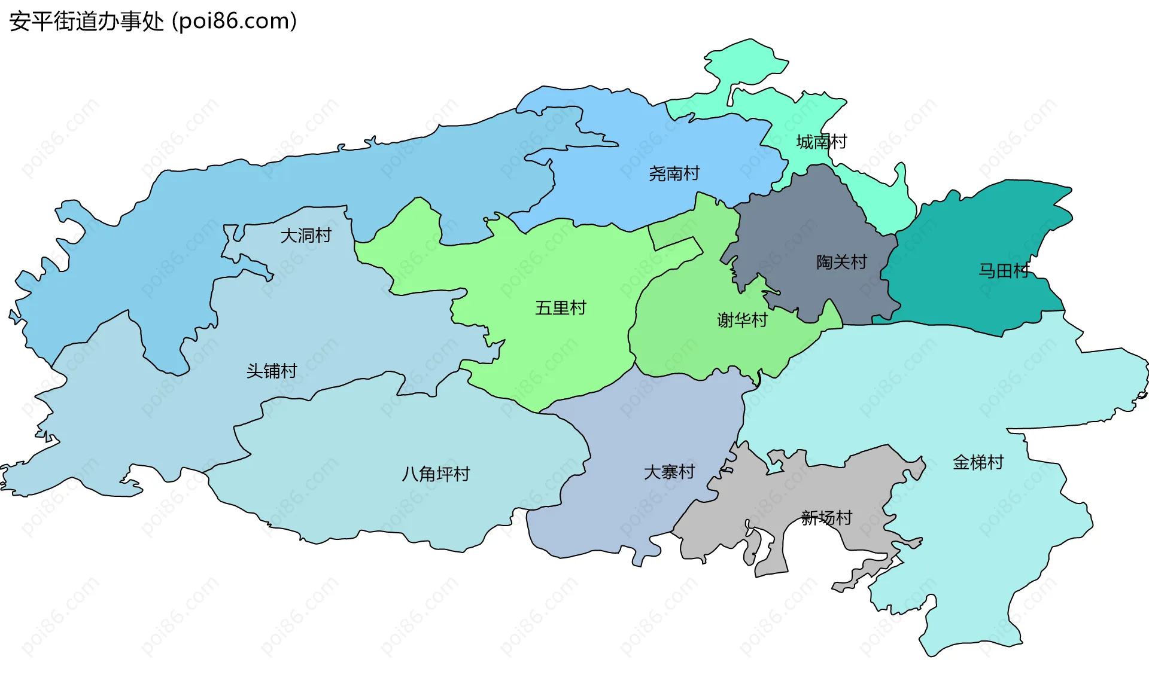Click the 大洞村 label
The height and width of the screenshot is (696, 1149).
306,236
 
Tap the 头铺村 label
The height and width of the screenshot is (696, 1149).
272,371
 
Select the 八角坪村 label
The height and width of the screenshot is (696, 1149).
436,474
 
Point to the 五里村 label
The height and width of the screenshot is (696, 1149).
560,308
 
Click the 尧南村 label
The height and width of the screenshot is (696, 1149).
674,173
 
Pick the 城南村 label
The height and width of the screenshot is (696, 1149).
821,142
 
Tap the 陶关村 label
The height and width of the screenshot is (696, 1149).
841,262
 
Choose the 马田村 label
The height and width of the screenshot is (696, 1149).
1004,271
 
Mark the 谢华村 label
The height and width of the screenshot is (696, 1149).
742,320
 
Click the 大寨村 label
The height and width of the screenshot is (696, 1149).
669,472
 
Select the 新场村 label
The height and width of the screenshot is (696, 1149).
826,518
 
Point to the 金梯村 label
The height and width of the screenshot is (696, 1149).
978,462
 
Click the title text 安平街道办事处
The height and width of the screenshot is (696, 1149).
86,22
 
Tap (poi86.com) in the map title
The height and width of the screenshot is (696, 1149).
234,22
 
